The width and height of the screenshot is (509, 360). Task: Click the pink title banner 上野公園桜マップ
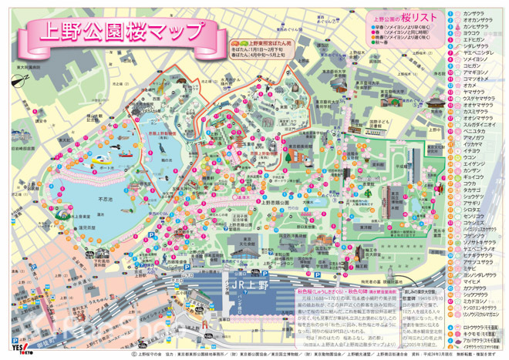click(116, 33)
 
